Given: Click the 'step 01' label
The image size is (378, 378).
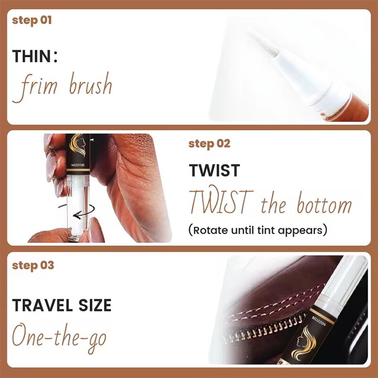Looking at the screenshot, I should tap(32, 20).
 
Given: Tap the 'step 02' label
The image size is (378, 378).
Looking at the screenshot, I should tap(209, 144).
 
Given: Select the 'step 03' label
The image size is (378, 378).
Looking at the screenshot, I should tap(33, 265).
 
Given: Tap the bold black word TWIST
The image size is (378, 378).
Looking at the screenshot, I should tap(215, 171).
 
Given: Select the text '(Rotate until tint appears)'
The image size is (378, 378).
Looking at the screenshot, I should tap(258, 231).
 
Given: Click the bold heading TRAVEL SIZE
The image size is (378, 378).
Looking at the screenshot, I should tap(62, 305).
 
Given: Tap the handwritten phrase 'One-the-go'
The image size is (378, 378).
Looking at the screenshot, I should tap(59, 337).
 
